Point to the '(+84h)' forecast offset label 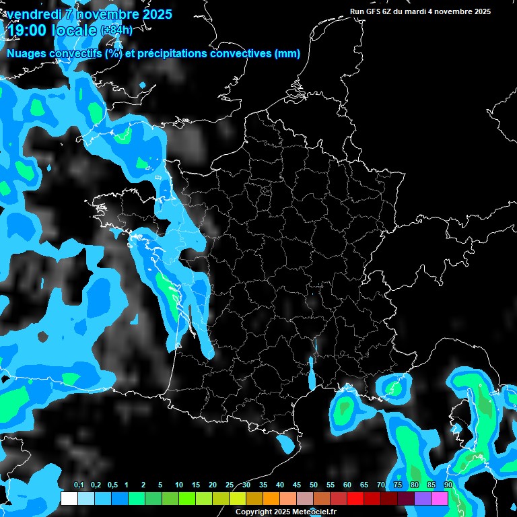point(116,30)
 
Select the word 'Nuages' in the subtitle point(26,54)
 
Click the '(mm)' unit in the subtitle point(287,54)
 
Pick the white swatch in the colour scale point(69,499)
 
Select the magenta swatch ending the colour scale point(440,499)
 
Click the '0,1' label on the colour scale point(79,485)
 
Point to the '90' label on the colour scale point(448,485)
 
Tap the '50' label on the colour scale point(314,485)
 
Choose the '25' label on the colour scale point(230,485)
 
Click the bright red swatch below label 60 point(355,499)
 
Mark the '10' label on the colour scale point(179,485)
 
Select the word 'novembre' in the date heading point(101,14)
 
